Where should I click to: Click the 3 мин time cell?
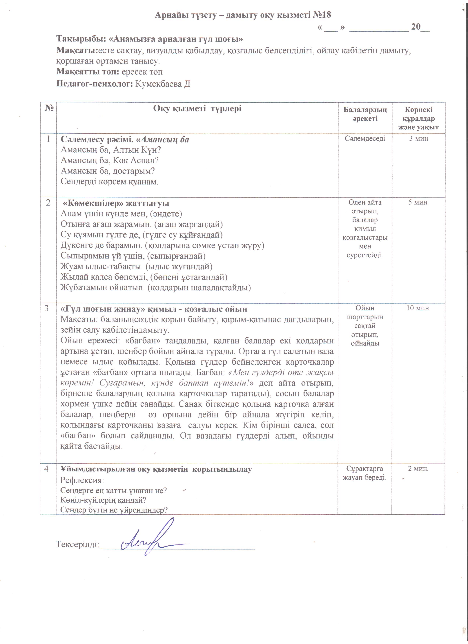coord(418,139)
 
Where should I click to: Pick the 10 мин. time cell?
coord(418,308)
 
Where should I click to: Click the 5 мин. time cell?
coord(418,202)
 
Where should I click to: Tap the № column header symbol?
coord(49,108)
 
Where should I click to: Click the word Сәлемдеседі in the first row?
coord(365,139)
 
